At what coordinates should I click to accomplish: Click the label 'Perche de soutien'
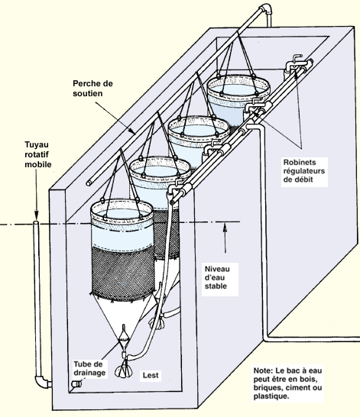point(92,89)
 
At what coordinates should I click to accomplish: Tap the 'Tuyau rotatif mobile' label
point(38,154)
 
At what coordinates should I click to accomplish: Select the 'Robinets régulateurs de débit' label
point(304,171)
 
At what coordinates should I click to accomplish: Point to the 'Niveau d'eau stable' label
point(217,277)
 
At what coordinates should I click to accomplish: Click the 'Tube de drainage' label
point(89,368)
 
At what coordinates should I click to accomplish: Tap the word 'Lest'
point(151,375)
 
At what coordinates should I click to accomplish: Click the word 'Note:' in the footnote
point(263,370)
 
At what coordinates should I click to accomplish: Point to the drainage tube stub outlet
point(76,383)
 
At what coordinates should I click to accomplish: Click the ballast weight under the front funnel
point(123,371)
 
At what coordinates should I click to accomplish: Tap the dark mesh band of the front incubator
point(122,272)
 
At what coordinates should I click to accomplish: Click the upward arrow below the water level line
point(225,238)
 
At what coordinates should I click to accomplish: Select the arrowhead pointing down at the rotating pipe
point(37,215)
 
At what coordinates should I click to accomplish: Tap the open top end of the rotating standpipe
point(36,222)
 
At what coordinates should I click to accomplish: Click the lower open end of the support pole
point(89,183)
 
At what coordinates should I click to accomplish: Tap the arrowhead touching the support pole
point(132,131)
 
